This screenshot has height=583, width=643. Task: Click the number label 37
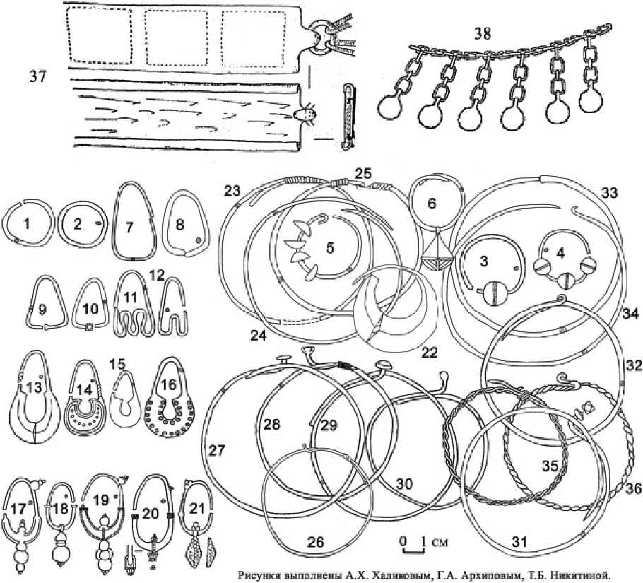[37, 76]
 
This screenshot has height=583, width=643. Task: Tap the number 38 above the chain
[484, 34]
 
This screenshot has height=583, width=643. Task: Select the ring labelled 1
[4, 229]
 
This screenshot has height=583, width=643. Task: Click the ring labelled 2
[60, 229]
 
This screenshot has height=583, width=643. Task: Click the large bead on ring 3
[495, 293]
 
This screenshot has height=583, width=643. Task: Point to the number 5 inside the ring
[330, 249]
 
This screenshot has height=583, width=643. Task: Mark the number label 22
[430, 352]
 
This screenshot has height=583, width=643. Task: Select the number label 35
[550, 466]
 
